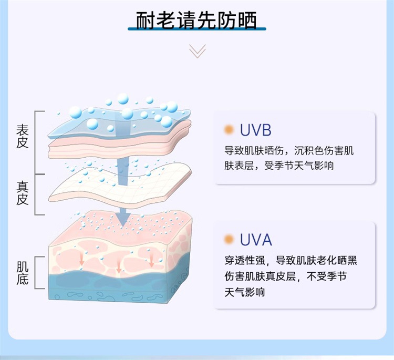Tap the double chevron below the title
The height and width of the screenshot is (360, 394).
(198, 51)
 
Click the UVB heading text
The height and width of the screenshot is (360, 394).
(255, 130)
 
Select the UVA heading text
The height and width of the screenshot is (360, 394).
(256, 240)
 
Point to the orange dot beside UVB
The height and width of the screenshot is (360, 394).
(229, 130)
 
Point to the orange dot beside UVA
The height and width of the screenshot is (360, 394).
(229, 240)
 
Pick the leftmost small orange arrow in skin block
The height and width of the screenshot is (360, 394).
(81, 258)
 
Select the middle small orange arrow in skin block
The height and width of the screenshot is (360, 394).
(118, 268)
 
